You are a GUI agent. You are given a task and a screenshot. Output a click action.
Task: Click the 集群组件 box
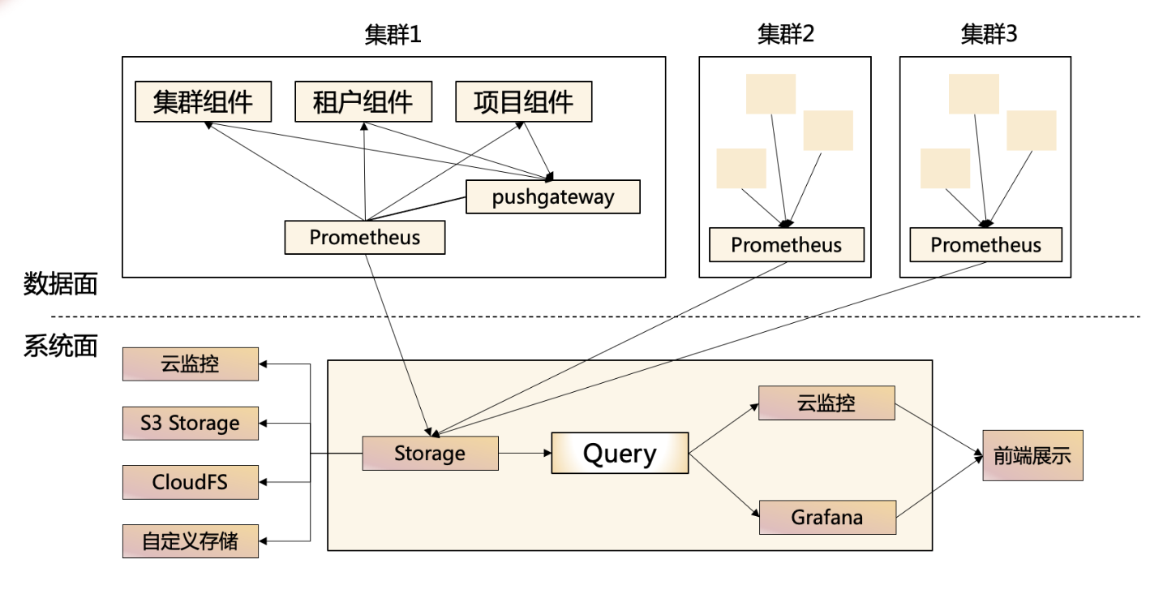[x=203, y=102]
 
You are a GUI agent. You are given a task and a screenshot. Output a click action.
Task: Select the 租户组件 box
[x=363, y=102]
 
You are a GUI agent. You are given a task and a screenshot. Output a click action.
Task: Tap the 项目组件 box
[x=523, y=102]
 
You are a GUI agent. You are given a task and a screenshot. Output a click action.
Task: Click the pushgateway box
[x=552, y=196]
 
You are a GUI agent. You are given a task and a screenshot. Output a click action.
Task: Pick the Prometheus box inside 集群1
[x=364, y=238]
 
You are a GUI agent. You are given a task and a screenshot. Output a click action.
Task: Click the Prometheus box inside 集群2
[x=786, y=245]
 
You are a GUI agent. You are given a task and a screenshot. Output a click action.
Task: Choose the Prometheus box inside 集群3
[x=985, y=245]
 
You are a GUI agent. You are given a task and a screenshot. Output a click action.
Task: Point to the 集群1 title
[x=393, y=35]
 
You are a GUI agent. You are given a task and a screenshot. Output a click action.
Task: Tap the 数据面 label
[x=60, y=284]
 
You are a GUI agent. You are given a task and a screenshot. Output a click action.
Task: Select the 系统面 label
[x=60, y=346]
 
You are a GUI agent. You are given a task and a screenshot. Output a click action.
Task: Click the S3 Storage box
[x=191, y=423]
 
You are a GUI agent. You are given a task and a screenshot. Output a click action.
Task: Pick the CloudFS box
[x=191, y=482]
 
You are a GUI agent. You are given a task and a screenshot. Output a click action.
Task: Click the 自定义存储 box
[x=191, y=541]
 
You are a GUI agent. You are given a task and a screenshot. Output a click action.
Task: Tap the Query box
[x=620, y=453]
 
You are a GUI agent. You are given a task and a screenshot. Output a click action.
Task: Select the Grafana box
[x=827, y=517]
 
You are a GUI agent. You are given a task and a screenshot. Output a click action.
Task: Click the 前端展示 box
[x=1032, y=456]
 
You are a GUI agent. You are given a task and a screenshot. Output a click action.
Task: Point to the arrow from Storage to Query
[x=524, y=453]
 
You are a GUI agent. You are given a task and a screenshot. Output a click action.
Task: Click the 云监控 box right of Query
[x=826, y=402]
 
